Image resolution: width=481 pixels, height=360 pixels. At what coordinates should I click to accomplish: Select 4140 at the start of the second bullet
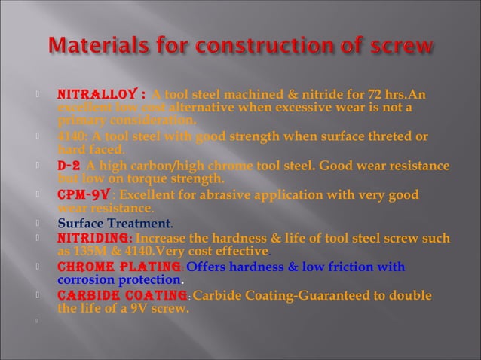pyautogui.click(x=72, y=136)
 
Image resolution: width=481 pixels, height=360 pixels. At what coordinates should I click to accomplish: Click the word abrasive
pyautogui.click(x=225, y=194)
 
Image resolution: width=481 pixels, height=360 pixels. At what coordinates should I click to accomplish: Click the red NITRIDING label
pyautogui.click(x=93, y=237)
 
